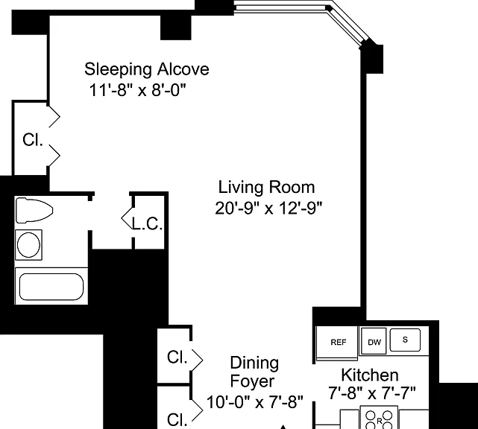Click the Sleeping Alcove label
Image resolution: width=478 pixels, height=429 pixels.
pos(147,69)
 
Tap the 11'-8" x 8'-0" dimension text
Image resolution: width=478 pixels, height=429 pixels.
pos(137,90)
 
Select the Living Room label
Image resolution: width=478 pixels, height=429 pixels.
pos(266,187)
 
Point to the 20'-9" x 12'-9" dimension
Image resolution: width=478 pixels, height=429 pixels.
pos(268,209)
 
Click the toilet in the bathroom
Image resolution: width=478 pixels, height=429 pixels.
pos(34,210)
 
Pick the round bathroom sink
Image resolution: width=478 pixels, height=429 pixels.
pos(28,245)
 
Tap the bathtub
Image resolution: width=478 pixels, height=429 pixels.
pos(51,286)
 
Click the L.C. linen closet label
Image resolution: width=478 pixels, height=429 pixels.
pos(147,223)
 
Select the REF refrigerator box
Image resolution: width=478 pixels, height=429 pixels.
pos(337,343)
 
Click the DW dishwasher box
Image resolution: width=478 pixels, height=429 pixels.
pos(374,341)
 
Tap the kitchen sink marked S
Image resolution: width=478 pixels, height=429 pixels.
pos(405,340)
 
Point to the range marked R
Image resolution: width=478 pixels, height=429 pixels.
pos(380,418)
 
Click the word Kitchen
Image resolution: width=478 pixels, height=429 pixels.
pos(370,375)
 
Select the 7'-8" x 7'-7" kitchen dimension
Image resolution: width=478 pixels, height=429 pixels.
pos(372,393)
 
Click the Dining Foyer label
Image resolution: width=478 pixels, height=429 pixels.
pos(254,372)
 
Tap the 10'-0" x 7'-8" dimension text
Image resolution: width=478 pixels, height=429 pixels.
pos(255,402)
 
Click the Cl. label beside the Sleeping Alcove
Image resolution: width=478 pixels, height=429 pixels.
pos(33,140)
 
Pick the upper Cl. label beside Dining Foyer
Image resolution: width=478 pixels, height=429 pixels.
pos(177,357)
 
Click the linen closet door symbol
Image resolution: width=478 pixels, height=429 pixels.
pos(128,218)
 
